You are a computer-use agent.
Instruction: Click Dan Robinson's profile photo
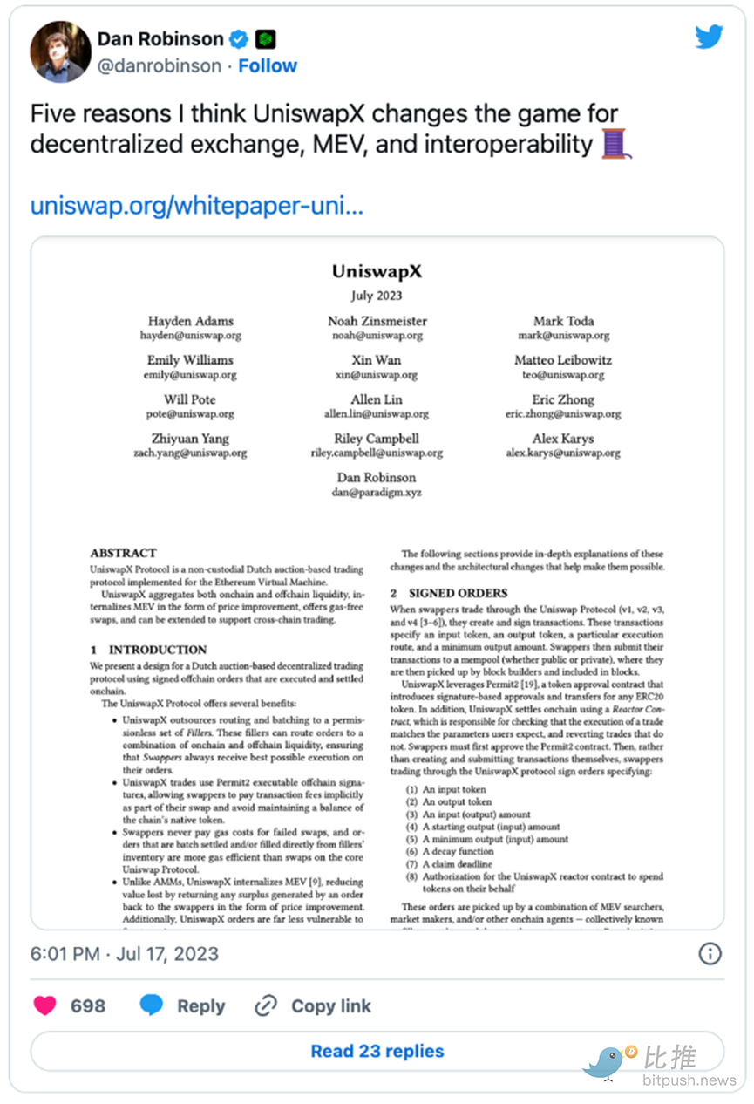tap(60, 52)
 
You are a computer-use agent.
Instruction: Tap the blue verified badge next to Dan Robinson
tap(238, 39)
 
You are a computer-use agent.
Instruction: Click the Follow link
tap(268, 65)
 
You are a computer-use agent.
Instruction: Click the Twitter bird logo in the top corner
tap(709, 37)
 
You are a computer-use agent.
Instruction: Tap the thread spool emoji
tap(615, 142)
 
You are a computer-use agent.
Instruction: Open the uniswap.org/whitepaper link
tap(196, 206)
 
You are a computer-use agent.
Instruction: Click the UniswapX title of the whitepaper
tap(377, 271)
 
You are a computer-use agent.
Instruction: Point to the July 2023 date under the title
tap(377, 296)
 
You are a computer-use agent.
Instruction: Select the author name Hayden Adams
tap(191, 321)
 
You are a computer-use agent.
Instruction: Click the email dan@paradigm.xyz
tap(377, 492)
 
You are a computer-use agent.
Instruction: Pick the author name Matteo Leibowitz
tap(563, 360)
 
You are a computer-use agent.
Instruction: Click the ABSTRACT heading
tap(123, 553)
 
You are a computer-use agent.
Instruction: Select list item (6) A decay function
tap(458, 851)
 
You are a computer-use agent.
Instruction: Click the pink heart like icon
tap(44, 1005)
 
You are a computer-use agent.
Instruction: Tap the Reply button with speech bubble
tap(182, 1005)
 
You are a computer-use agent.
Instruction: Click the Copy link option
tap(313, 1005)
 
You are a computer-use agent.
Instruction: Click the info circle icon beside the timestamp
tap(710, 953)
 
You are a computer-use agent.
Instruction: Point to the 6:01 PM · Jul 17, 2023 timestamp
tap(125, 953)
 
